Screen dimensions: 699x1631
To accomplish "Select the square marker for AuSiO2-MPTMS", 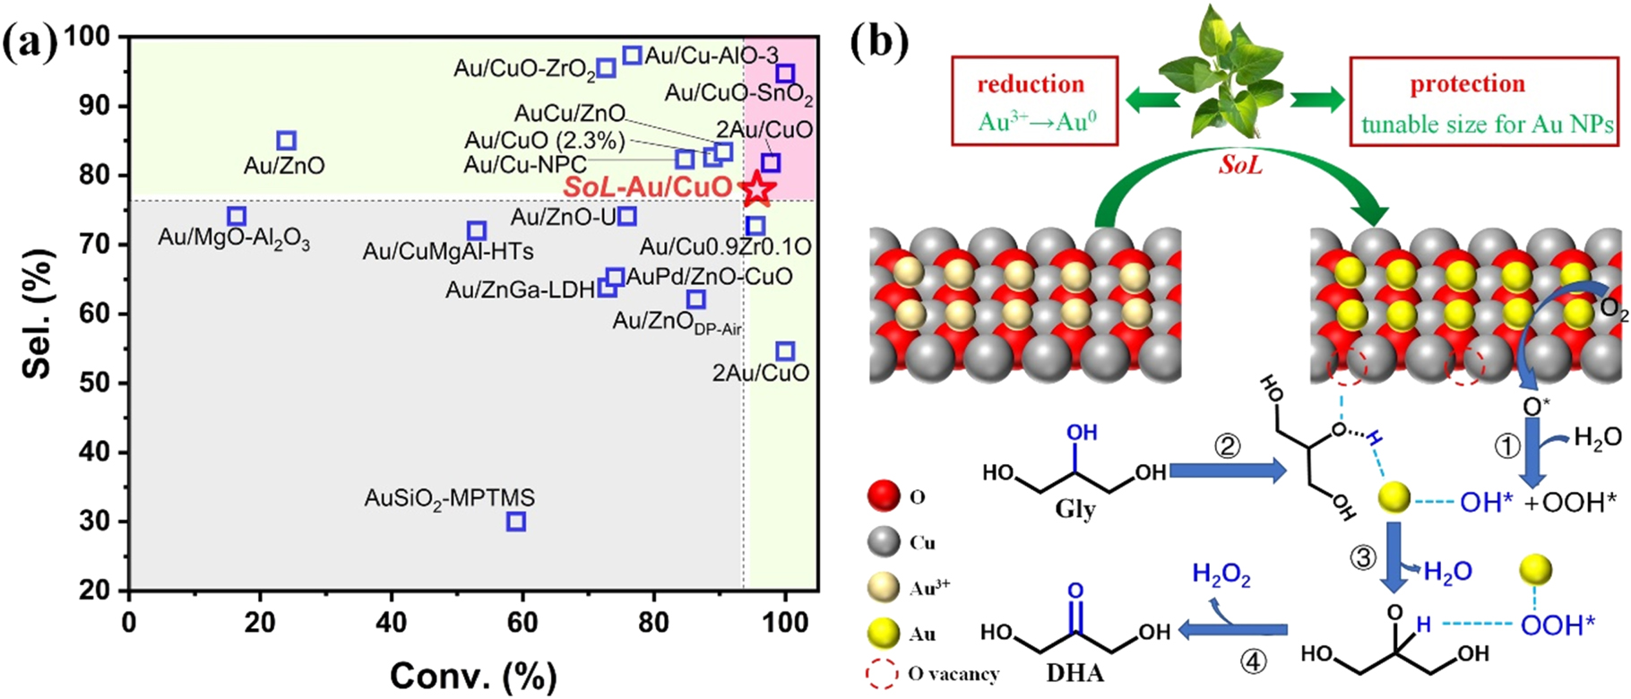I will (515, 522).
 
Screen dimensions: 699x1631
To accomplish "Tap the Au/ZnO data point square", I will (286, 141).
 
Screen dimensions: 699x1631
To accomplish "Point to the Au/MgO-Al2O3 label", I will (234, 238).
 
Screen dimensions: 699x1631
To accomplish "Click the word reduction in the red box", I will (1031, 84).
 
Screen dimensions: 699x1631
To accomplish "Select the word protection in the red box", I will (1467, 84).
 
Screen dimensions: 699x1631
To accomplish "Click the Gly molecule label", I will (1074, 509).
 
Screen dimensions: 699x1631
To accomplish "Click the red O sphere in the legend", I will (884, 496).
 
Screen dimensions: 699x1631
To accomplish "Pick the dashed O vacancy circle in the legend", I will (884, 673).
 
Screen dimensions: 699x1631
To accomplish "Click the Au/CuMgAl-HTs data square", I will (477, 231).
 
